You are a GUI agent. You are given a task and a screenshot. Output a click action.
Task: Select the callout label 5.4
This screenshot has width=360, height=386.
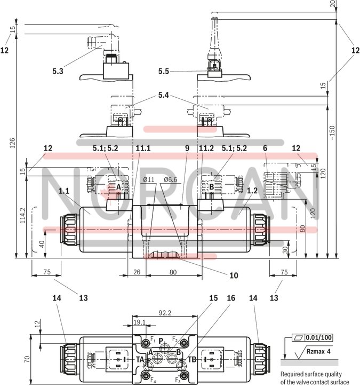[x=163, y=97]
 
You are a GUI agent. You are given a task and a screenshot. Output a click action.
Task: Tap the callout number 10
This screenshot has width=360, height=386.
[x=234, y=276]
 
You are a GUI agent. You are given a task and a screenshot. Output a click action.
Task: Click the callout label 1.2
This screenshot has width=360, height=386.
[x=253, y=190]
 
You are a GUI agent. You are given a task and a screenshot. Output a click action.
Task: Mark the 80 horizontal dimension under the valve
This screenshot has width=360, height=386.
[x=173, y=272]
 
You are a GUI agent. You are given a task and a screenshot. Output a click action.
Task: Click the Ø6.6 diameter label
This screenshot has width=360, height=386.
[x=171, y=179]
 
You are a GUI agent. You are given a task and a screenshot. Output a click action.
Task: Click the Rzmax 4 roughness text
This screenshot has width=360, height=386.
[x=321, y=351]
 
